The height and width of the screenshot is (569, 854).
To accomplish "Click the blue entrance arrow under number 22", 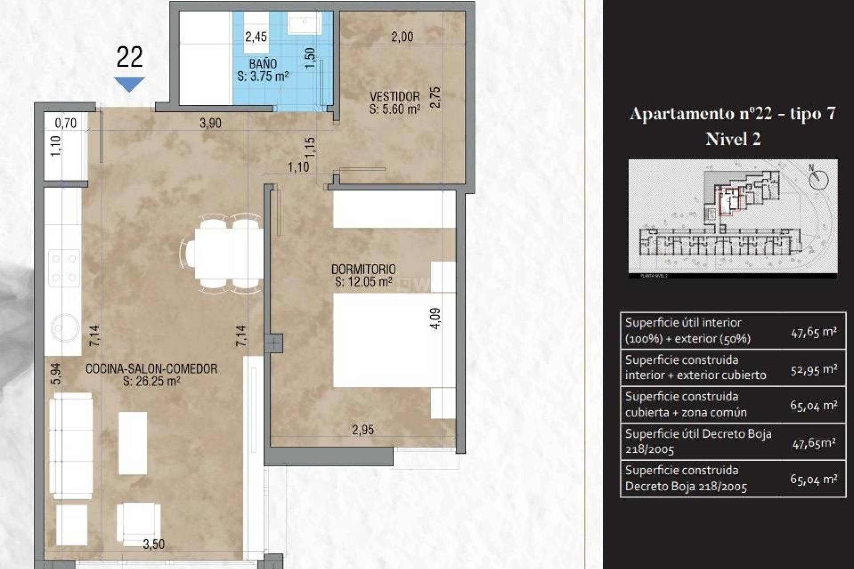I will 129,84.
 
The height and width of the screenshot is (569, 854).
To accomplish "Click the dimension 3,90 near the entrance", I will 210,123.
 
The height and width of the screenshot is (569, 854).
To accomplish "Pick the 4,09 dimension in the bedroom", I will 436,318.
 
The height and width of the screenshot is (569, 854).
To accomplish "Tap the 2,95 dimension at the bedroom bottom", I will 363,430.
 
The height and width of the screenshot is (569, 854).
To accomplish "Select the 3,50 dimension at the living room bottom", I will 154,544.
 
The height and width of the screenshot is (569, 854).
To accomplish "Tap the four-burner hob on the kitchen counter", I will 64,268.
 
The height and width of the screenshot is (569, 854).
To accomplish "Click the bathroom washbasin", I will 305,23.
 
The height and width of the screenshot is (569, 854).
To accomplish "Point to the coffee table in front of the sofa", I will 133,443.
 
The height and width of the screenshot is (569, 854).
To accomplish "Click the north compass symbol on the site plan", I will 818,180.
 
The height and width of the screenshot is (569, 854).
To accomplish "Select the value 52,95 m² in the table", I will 814,369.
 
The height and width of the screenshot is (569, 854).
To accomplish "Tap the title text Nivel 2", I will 733,139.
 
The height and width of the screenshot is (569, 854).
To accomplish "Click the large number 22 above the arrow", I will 129,57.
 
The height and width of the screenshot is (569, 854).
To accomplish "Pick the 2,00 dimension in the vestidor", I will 402,36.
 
